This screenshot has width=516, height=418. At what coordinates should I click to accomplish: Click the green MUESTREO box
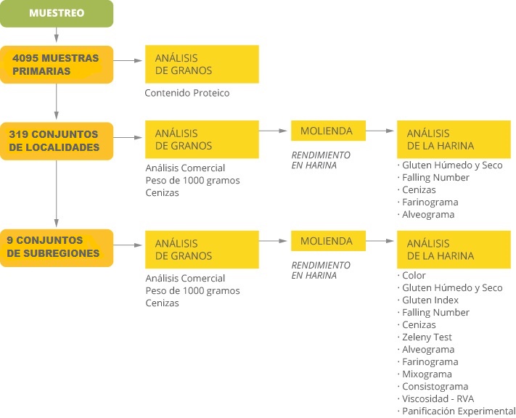57,14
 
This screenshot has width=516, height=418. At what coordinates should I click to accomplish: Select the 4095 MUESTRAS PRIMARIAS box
57,65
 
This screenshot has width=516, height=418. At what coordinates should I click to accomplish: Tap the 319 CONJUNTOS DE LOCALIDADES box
57,142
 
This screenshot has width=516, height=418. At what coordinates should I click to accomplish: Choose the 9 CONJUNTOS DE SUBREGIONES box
57,248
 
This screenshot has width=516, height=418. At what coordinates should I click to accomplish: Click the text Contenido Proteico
187,93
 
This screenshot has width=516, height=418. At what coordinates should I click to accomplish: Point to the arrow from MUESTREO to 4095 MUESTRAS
57,35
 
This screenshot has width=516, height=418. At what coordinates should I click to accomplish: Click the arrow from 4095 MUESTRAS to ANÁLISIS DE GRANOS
128,60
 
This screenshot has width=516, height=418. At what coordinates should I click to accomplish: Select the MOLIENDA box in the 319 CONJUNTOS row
328,131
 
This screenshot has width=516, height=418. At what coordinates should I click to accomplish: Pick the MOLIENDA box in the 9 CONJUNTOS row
328,241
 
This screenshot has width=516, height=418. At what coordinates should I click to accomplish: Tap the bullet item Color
414,275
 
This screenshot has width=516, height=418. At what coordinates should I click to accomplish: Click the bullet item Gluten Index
430,300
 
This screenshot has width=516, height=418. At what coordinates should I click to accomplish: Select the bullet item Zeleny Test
427,337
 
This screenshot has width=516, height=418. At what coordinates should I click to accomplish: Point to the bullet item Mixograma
427,374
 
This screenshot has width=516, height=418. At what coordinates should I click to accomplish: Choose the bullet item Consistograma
435,386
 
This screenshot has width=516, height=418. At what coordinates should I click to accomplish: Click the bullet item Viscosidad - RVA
438,398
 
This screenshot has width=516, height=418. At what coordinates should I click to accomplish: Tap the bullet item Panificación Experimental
459,411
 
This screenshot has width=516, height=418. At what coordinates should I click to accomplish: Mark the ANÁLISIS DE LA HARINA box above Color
454,250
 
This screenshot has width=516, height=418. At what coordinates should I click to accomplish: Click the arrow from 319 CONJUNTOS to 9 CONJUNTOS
57,194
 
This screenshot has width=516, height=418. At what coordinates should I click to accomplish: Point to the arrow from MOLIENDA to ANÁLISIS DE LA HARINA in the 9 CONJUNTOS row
380,241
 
